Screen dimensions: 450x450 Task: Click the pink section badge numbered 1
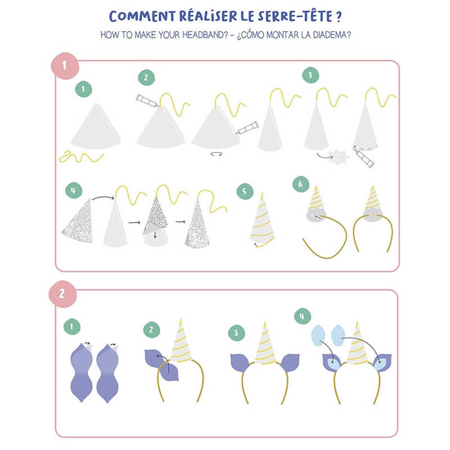click(65, 66)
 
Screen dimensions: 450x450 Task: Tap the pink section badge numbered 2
click(62, 294)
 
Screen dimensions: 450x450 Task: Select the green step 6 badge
click(301, 184)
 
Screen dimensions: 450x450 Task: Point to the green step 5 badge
click(245, 191)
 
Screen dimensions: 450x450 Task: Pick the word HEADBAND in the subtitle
click(205, 35)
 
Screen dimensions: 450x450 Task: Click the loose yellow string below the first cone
click(81, 157)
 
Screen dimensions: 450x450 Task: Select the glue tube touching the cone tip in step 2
click(147, 101)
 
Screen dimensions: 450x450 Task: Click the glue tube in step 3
click(363, 157)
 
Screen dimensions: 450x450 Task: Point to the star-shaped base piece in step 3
click(339, 157)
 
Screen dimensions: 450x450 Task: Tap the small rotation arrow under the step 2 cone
click(216, 154)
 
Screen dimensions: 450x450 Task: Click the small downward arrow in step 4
click(155, 235)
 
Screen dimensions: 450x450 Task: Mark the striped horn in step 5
click(262, 220)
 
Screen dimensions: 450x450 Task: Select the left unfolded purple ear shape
click(81, 373)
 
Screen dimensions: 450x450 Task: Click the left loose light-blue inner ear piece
click(318, 335)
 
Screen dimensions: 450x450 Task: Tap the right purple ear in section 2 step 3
click(290, 362)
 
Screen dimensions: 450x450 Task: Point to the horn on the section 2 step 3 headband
click(265, 344)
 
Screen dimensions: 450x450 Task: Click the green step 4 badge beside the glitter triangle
click(74, 191)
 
